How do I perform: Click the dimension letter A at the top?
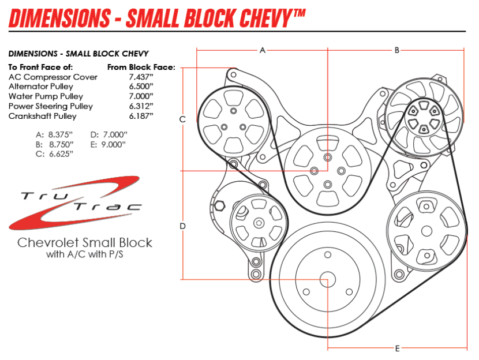[262, 50]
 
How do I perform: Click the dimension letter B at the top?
[397, 50]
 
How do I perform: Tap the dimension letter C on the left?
[182, 119]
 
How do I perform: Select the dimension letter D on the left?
[182, 226]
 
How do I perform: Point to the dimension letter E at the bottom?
[398, 348]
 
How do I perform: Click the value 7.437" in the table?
[141, 77]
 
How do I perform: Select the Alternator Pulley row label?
[41, 87]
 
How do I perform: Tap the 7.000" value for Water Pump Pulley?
[141, 96]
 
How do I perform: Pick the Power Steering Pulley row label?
[51, 106]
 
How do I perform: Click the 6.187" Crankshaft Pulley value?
[141, 116]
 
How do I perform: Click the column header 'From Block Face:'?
[141, 67]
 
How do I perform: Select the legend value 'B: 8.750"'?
[55, 144]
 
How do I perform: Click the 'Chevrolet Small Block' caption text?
[85, 242]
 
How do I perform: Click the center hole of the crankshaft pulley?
[327, 279]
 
